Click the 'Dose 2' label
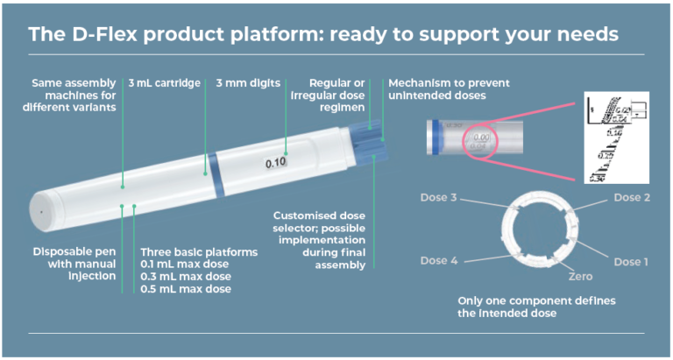coord(632,198)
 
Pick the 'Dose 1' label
coord(632,262)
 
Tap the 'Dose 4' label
coord(439,260)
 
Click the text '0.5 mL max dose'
coord(187,289)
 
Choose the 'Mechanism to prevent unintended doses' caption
coord(450,89)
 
